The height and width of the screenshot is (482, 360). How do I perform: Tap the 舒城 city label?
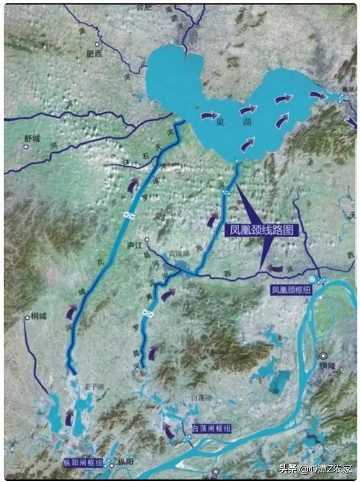tap(31, 138)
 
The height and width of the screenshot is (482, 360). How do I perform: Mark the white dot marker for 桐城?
tap(26, 318)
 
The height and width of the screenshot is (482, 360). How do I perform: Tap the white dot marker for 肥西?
tap(97, 43)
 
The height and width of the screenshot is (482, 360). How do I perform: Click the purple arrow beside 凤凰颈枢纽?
tap(275, 269)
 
